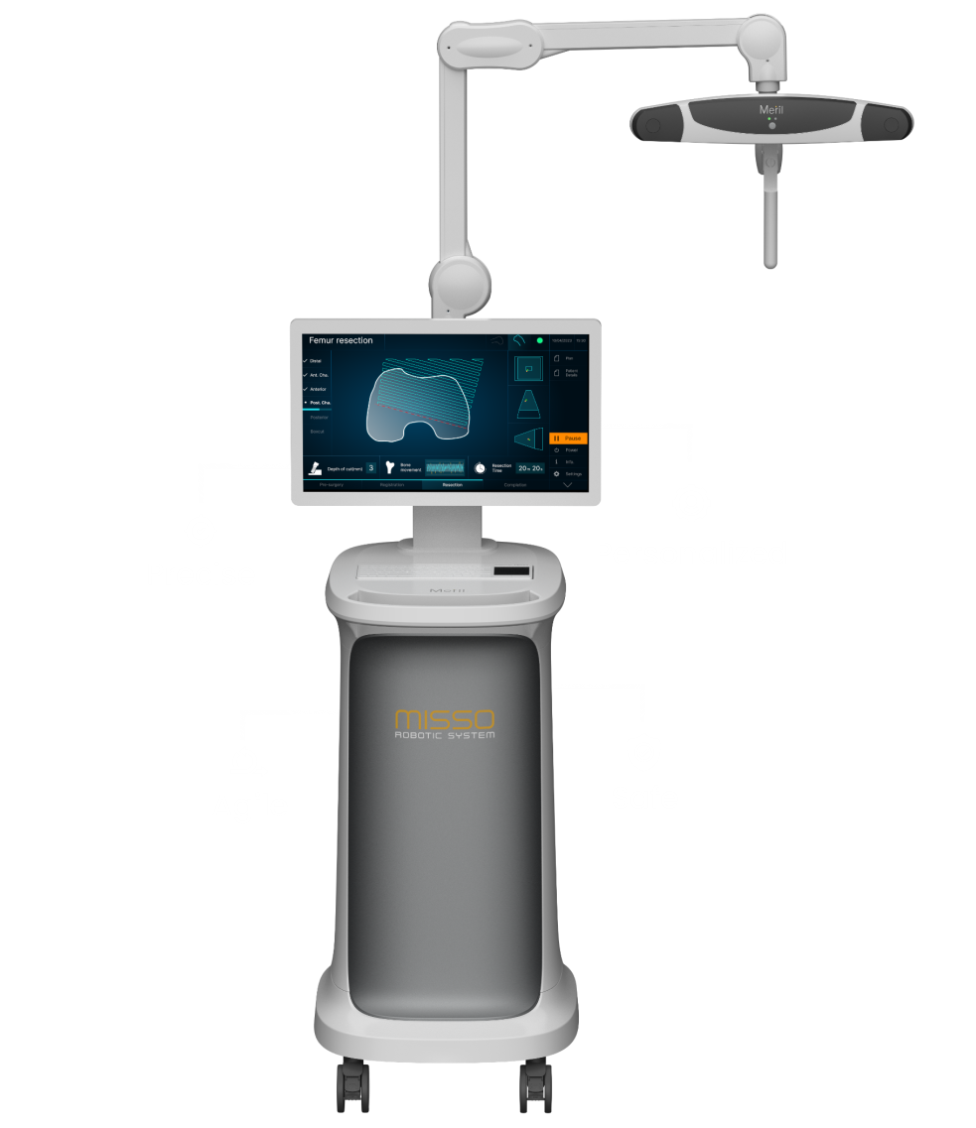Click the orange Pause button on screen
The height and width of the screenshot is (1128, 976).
[x=568, y=438]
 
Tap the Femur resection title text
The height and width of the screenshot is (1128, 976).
[x=341, y=340]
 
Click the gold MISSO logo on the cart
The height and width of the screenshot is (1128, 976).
[x=444, y=719]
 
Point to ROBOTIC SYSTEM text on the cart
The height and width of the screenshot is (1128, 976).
[x=444, y=735]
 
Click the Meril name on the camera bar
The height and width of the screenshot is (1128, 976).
[x=771, y=110]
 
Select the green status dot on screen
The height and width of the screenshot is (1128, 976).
[x=540, y=340]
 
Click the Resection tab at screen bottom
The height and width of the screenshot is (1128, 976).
[x=452, y=485]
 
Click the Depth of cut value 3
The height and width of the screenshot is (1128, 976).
[x=370, y=467]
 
